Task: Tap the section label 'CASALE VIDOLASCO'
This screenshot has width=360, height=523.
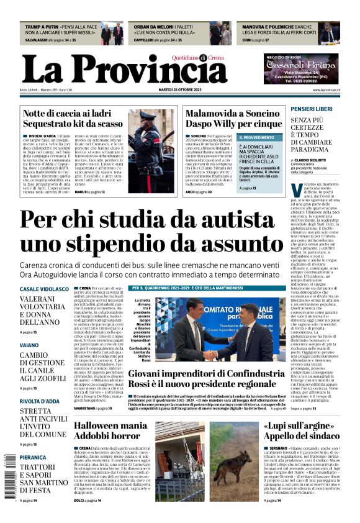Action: point(44,289)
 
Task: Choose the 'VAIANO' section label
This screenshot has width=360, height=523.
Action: point(29,344)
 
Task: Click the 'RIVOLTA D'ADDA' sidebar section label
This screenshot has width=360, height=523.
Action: point(39,402)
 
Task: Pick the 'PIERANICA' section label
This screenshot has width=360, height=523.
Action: point(33,457)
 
